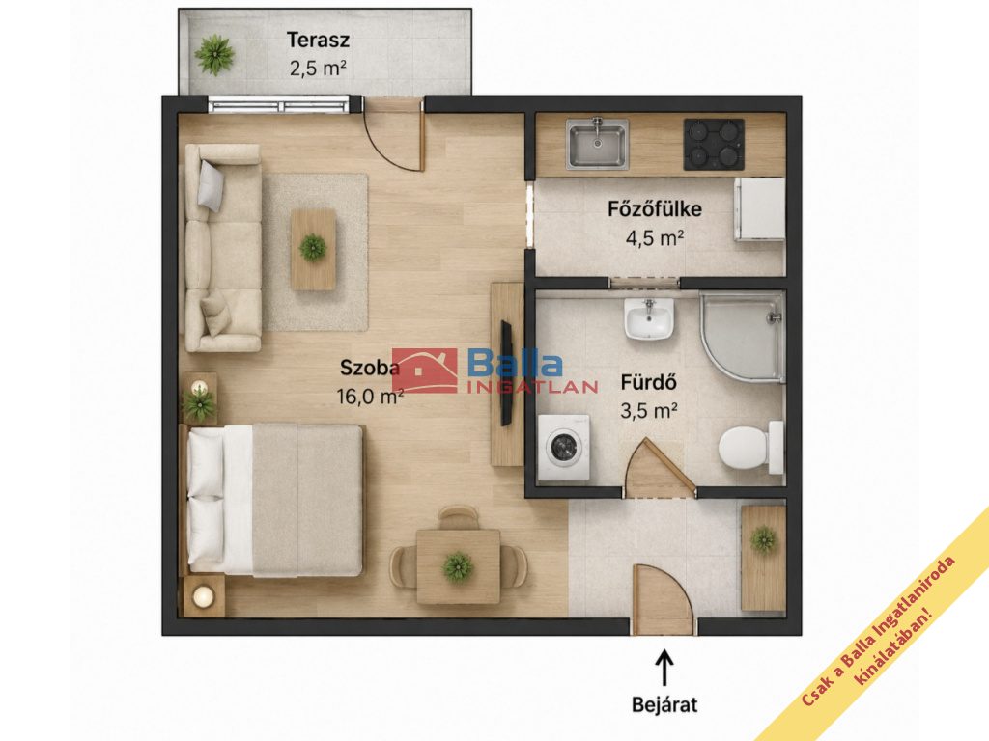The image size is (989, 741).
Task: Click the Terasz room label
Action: [318, 41]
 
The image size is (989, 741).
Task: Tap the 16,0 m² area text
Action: [370, 397]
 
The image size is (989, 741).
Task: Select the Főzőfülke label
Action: [655, 208]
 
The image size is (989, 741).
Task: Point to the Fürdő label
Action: [649, 382]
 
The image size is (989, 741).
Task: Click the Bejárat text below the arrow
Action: [664, 703]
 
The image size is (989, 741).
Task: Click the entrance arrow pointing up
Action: [664, 668]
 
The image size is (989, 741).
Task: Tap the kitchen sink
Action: [597, 144]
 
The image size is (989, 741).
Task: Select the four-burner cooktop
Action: [714, 145]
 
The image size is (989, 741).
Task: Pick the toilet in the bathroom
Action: [750, 448]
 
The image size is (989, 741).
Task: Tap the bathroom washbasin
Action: [649, 318]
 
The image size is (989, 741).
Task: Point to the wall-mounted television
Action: [506, 373]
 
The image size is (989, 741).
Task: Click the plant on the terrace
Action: [214, 55]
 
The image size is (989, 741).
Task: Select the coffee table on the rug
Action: [313, 250]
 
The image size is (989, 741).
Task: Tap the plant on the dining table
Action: [457, 565]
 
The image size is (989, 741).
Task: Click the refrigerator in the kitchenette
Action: [759, 209]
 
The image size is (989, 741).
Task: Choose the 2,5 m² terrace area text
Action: [318, 68]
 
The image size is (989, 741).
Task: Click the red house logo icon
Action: [425, 370]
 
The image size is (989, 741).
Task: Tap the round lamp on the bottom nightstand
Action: [203, 596]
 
